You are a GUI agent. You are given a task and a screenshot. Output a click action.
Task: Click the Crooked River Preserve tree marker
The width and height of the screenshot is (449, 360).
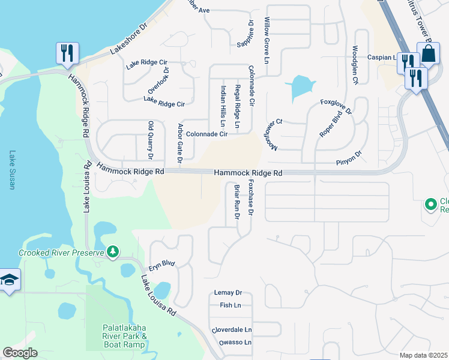tap(112, 253)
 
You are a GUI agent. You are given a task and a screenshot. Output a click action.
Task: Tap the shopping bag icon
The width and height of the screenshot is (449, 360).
tap(429, 53)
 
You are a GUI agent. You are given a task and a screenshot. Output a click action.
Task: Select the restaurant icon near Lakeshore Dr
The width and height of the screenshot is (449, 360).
tap(67, 53)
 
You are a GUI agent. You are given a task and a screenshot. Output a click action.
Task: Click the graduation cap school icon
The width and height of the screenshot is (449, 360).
tap(10, 280)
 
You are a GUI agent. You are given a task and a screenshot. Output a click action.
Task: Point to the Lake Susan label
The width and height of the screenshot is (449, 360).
tap(11, 170)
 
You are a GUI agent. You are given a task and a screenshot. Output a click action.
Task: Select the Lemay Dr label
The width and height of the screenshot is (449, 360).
tap(228, 293)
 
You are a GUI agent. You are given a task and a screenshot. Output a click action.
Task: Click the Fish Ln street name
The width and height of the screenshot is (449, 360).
tap(230, 305)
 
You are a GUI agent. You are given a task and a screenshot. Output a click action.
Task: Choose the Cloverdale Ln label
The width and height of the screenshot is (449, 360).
tap(232, 331)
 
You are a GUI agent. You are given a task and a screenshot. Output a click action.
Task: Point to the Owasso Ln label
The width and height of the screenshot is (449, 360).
tap(231, 343)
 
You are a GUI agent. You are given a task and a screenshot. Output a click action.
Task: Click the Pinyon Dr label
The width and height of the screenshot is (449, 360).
tap(350, 154)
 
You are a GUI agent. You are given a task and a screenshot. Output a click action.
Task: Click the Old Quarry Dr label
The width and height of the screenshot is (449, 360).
tap(151, 141)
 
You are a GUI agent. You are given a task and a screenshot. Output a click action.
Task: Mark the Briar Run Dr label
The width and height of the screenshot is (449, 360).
tap(237, 202)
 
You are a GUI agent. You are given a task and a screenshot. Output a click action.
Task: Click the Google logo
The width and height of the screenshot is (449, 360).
tap(20, 353)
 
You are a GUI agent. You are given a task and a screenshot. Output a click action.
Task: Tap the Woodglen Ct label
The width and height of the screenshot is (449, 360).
tap(355, 64)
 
